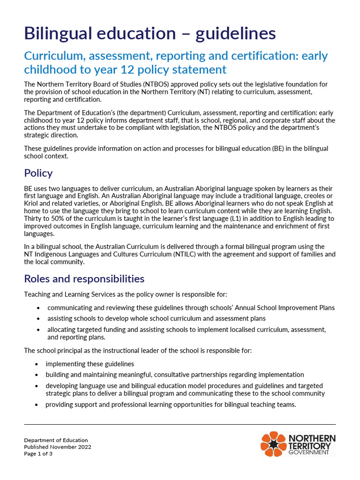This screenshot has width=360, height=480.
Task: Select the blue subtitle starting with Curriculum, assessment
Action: tap(176, 63)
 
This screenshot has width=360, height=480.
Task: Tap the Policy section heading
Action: tap(38, 173)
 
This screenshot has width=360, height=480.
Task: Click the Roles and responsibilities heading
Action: tap(84, 279)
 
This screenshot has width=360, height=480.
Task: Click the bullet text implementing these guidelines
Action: tap(90, 364)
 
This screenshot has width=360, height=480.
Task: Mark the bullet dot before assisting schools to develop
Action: tap(37, 319)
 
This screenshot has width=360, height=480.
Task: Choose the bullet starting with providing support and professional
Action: tap(171, 405)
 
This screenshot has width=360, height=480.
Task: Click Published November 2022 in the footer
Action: tap(58, 447)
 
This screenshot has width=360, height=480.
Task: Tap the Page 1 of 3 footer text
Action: tap(38, 454)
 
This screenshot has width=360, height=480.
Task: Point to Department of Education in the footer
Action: tap(56, 440)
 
